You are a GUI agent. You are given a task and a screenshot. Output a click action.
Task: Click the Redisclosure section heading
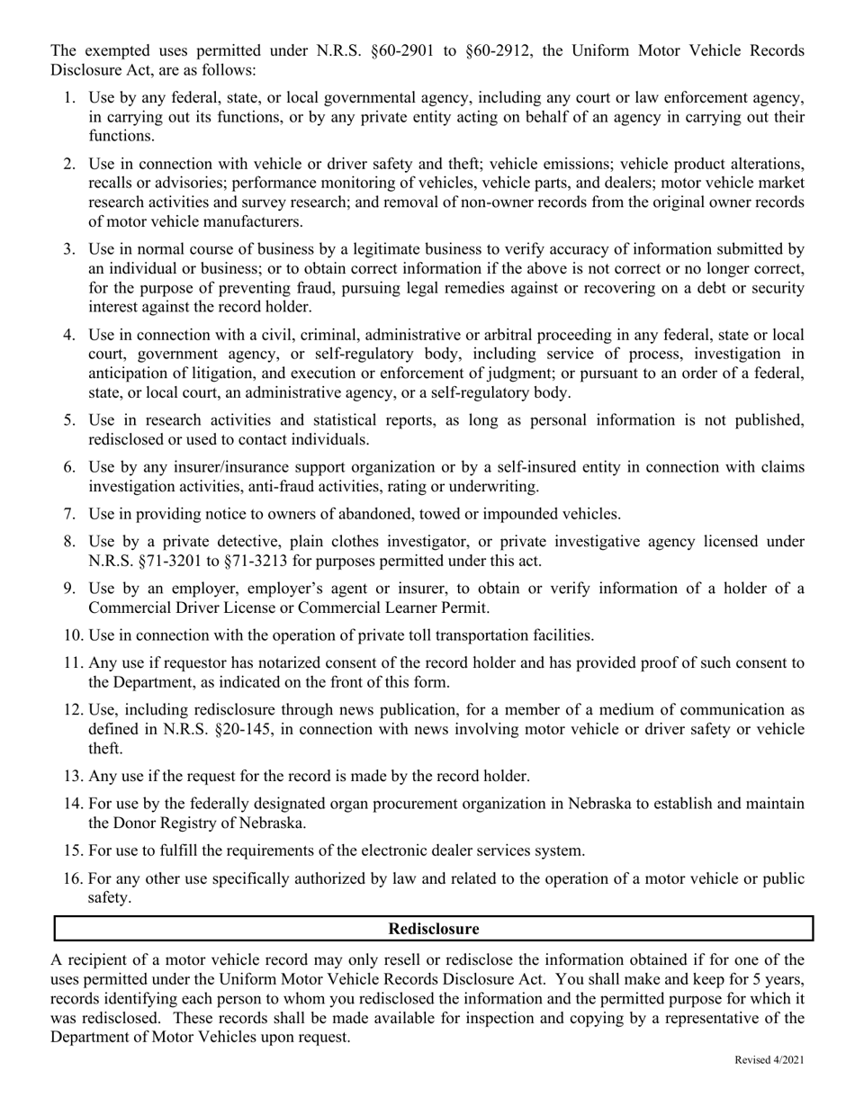point(433,929)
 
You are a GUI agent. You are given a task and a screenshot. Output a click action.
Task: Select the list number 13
point(73,776)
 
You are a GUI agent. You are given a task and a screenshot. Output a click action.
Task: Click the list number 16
point(73,878)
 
